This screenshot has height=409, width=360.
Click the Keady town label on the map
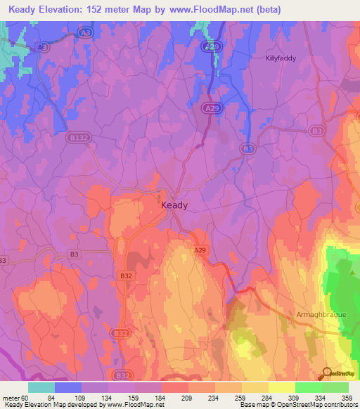(x=174, y=205)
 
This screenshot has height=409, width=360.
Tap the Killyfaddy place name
(x=282, y=58)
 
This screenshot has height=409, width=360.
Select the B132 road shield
(x=77, y=139)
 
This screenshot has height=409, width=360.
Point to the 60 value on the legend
(x=22, y=397)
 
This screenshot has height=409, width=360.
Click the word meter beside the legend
(x=9, y=397)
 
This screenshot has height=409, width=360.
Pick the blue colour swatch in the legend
(x=68, y=387)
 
